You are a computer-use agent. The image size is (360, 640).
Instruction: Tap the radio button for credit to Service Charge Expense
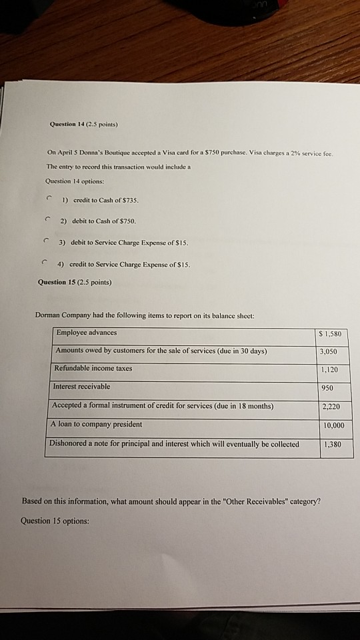[x=43, y=262]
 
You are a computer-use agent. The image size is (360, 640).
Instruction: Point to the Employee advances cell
[x=87, y=333]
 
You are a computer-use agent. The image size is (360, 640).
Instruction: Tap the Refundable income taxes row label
[x=94, y=369]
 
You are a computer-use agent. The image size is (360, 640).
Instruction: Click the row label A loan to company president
[x=96, y=424]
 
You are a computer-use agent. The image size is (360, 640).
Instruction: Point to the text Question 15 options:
[x=55, y=521]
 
